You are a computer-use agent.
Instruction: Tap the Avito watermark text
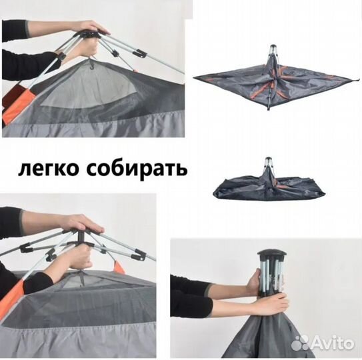(333, 342)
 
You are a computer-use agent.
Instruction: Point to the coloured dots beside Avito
(301, 342)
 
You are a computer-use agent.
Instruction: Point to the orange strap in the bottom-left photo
(120, 267)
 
